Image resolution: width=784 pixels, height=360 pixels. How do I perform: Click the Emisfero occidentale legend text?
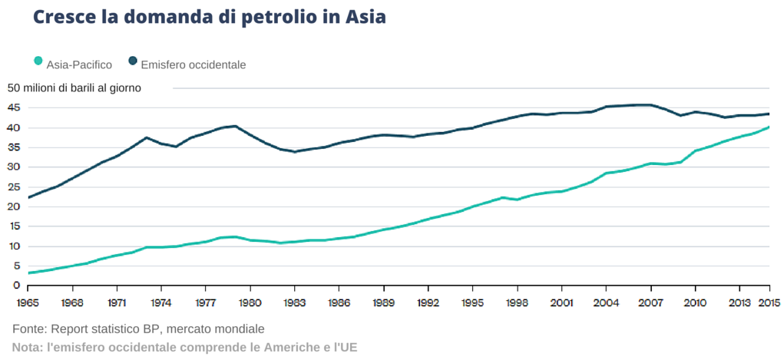pos(194,65)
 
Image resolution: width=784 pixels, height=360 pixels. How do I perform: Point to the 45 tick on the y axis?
pos(13,107)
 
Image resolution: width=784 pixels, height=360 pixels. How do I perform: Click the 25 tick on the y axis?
pos(13,187)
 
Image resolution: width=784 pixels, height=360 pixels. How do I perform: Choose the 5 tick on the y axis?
pos(15,266)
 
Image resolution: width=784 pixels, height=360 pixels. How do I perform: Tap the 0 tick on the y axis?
pos(15,286)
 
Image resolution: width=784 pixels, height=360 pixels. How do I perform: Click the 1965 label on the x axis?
pos(28,302)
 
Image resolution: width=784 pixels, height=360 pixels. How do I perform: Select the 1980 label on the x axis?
pos(250,302)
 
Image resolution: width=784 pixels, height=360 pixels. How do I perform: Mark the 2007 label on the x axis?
pos(651,302)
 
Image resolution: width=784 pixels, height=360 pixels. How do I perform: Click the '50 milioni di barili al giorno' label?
pos(74,88)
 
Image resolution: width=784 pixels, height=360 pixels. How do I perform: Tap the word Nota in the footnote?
pos(27,347)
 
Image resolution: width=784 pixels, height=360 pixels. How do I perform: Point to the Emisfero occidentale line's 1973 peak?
pos(146,137)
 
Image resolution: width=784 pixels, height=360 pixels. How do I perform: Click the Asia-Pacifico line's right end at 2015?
pos(769,127)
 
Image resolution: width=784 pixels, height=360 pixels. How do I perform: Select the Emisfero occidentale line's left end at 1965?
pos(28,197)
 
